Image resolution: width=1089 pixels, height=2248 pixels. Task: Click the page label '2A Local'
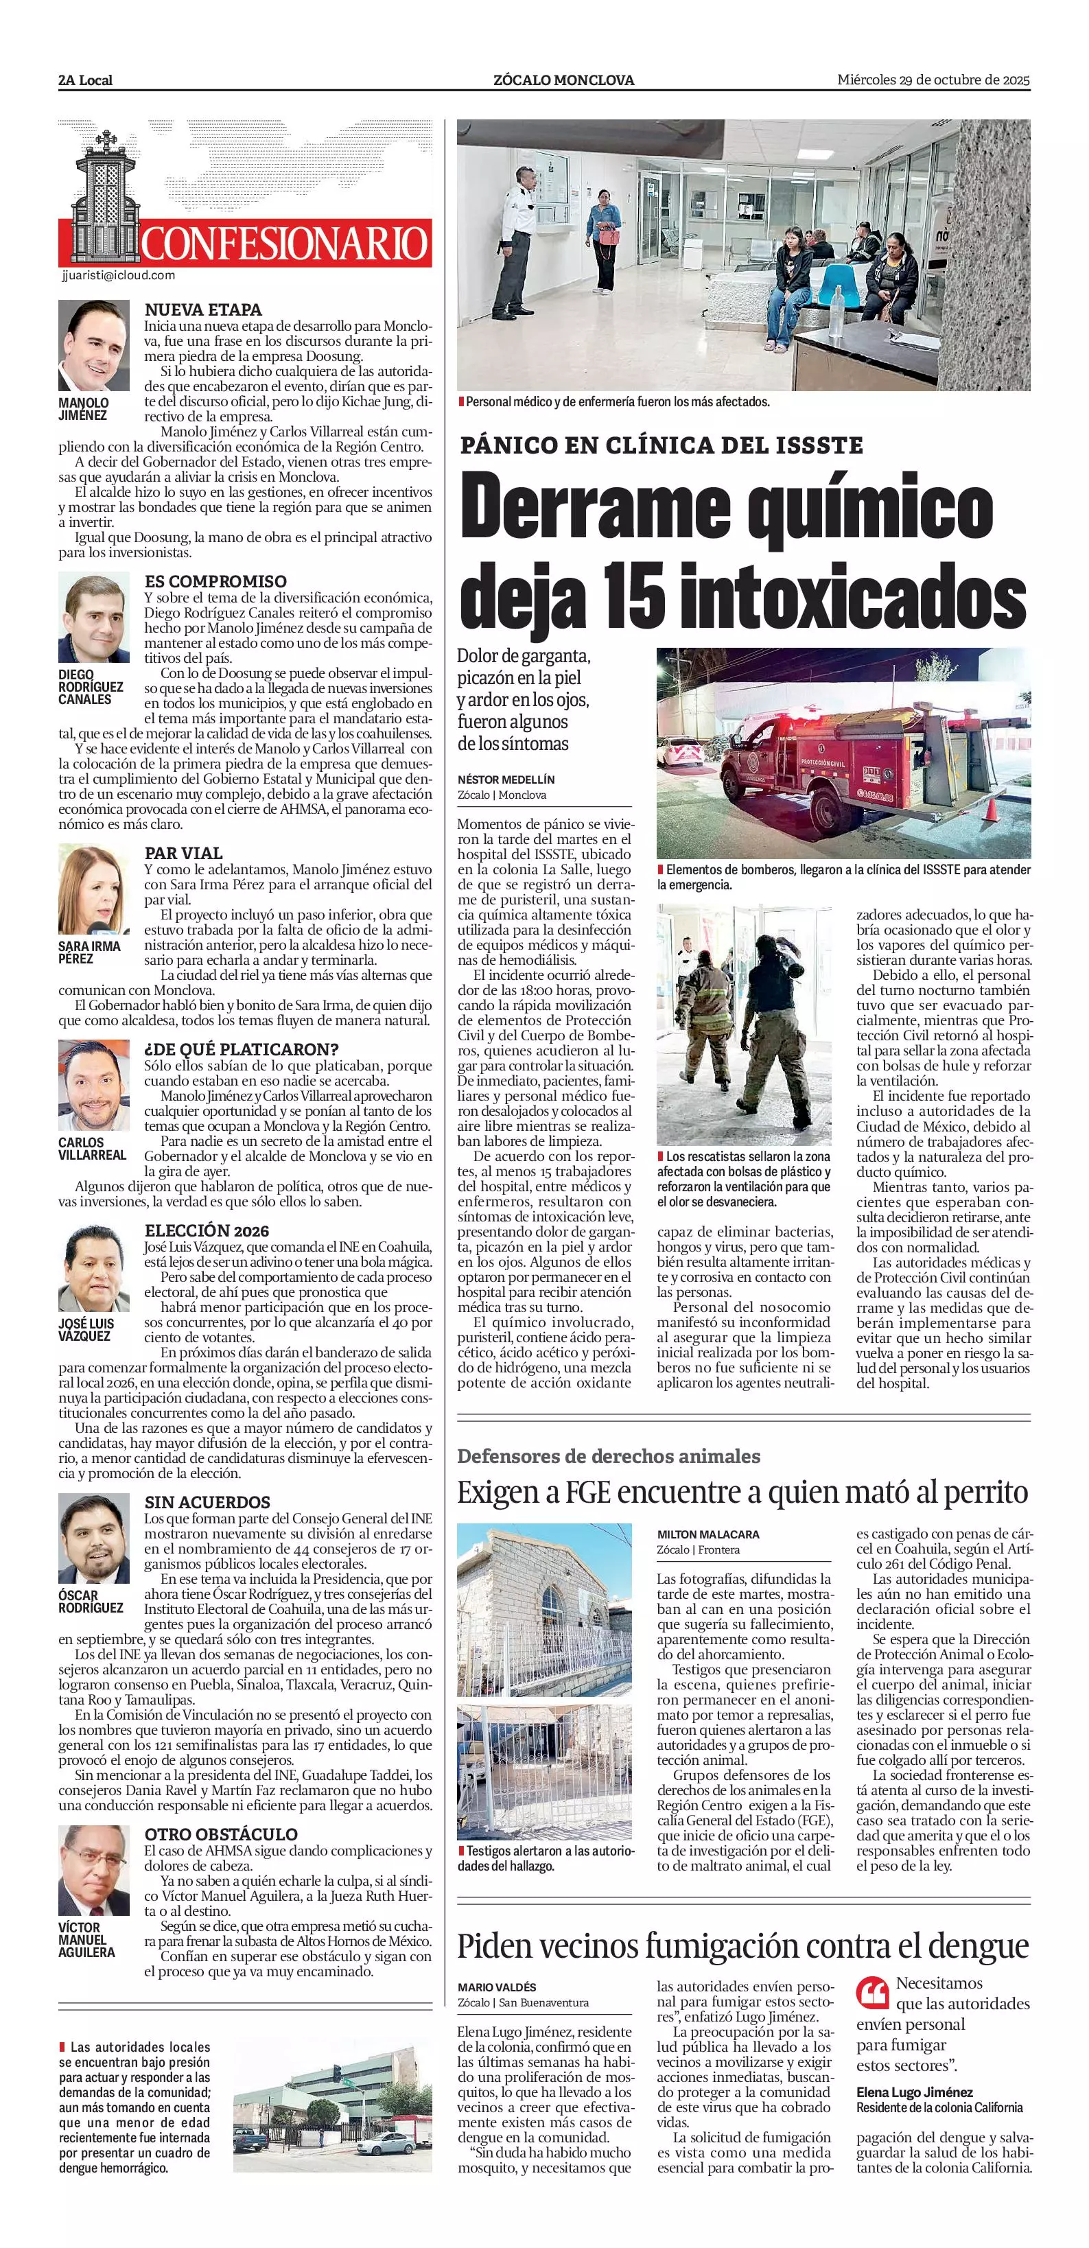point(86,80)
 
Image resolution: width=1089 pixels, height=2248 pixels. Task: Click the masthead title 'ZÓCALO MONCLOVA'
point(563,80)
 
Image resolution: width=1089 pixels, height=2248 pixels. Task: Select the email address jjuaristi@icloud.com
point(119,275)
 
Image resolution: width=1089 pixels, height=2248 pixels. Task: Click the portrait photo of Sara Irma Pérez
point(93,889)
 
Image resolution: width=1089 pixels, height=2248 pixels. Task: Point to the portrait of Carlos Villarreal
point(93,1085)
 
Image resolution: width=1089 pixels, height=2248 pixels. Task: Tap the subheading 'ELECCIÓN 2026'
point(207,1230)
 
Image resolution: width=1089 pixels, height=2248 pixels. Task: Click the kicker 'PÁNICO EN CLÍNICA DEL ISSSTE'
point(661,445)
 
